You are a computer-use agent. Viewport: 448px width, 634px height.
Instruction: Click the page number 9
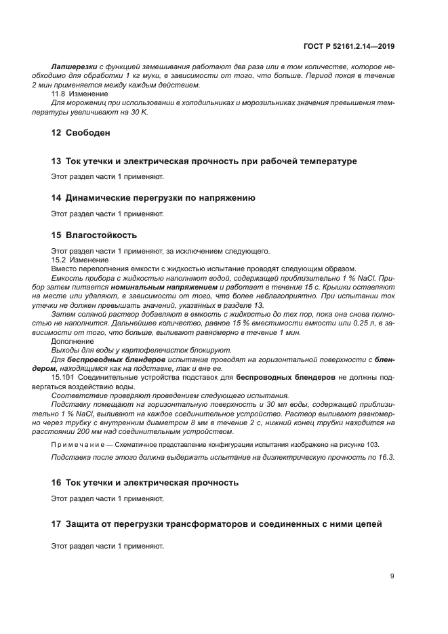392,577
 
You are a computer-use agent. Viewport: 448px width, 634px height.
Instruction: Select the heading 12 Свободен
81,133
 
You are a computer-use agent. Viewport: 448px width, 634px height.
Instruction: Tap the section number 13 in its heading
56,161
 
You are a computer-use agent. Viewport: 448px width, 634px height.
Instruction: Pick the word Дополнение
72,341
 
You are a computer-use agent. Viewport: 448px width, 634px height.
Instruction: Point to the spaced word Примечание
75,444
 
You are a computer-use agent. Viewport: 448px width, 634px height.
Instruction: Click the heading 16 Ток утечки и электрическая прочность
145,483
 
